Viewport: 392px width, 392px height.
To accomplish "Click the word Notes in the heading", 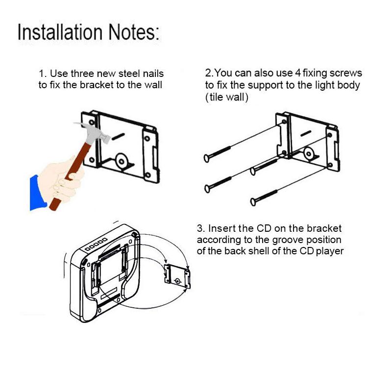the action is tap(132, 32).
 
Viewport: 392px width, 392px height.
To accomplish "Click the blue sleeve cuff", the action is tap(37, 193).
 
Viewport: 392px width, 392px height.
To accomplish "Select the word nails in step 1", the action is tap(153, 73).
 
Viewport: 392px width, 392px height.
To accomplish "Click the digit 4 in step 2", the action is tap(298, 73).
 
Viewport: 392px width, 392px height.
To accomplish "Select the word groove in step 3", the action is tap(288, 240).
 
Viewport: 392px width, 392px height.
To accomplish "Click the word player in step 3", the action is tap(330, 251).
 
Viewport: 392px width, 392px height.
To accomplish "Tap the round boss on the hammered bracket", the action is tap(121, 161).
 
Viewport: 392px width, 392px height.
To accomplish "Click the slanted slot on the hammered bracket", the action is tap(118, 137).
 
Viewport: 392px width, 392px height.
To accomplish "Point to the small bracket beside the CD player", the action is tap(177, 276).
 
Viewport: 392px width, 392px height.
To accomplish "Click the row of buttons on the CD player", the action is tap(96, 244).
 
